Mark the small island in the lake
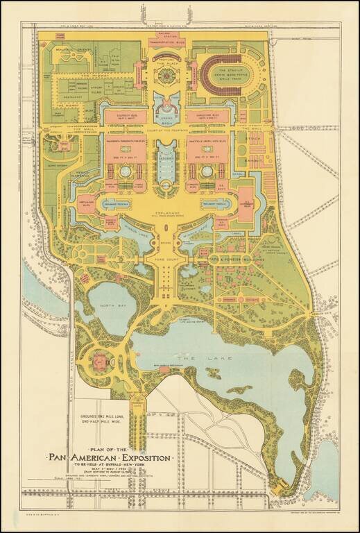(x=213, y=373)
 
